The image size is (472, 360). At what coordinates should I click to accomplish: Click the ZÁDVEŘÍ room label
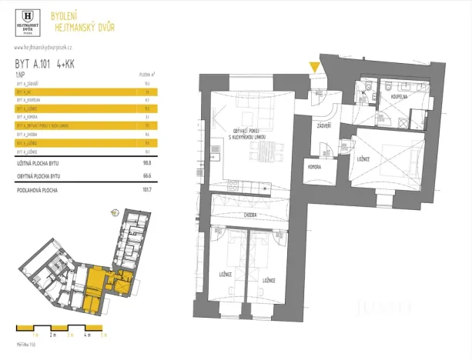click(324, 124)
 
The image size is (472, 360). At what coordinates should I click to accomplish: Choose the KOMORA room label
click(313, 165)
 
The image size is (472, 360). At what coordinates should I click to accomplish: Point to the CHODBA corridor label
click(250, 216)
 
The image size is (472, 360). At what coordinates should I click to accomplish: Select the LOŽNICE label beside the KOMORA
click(363, 159)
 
